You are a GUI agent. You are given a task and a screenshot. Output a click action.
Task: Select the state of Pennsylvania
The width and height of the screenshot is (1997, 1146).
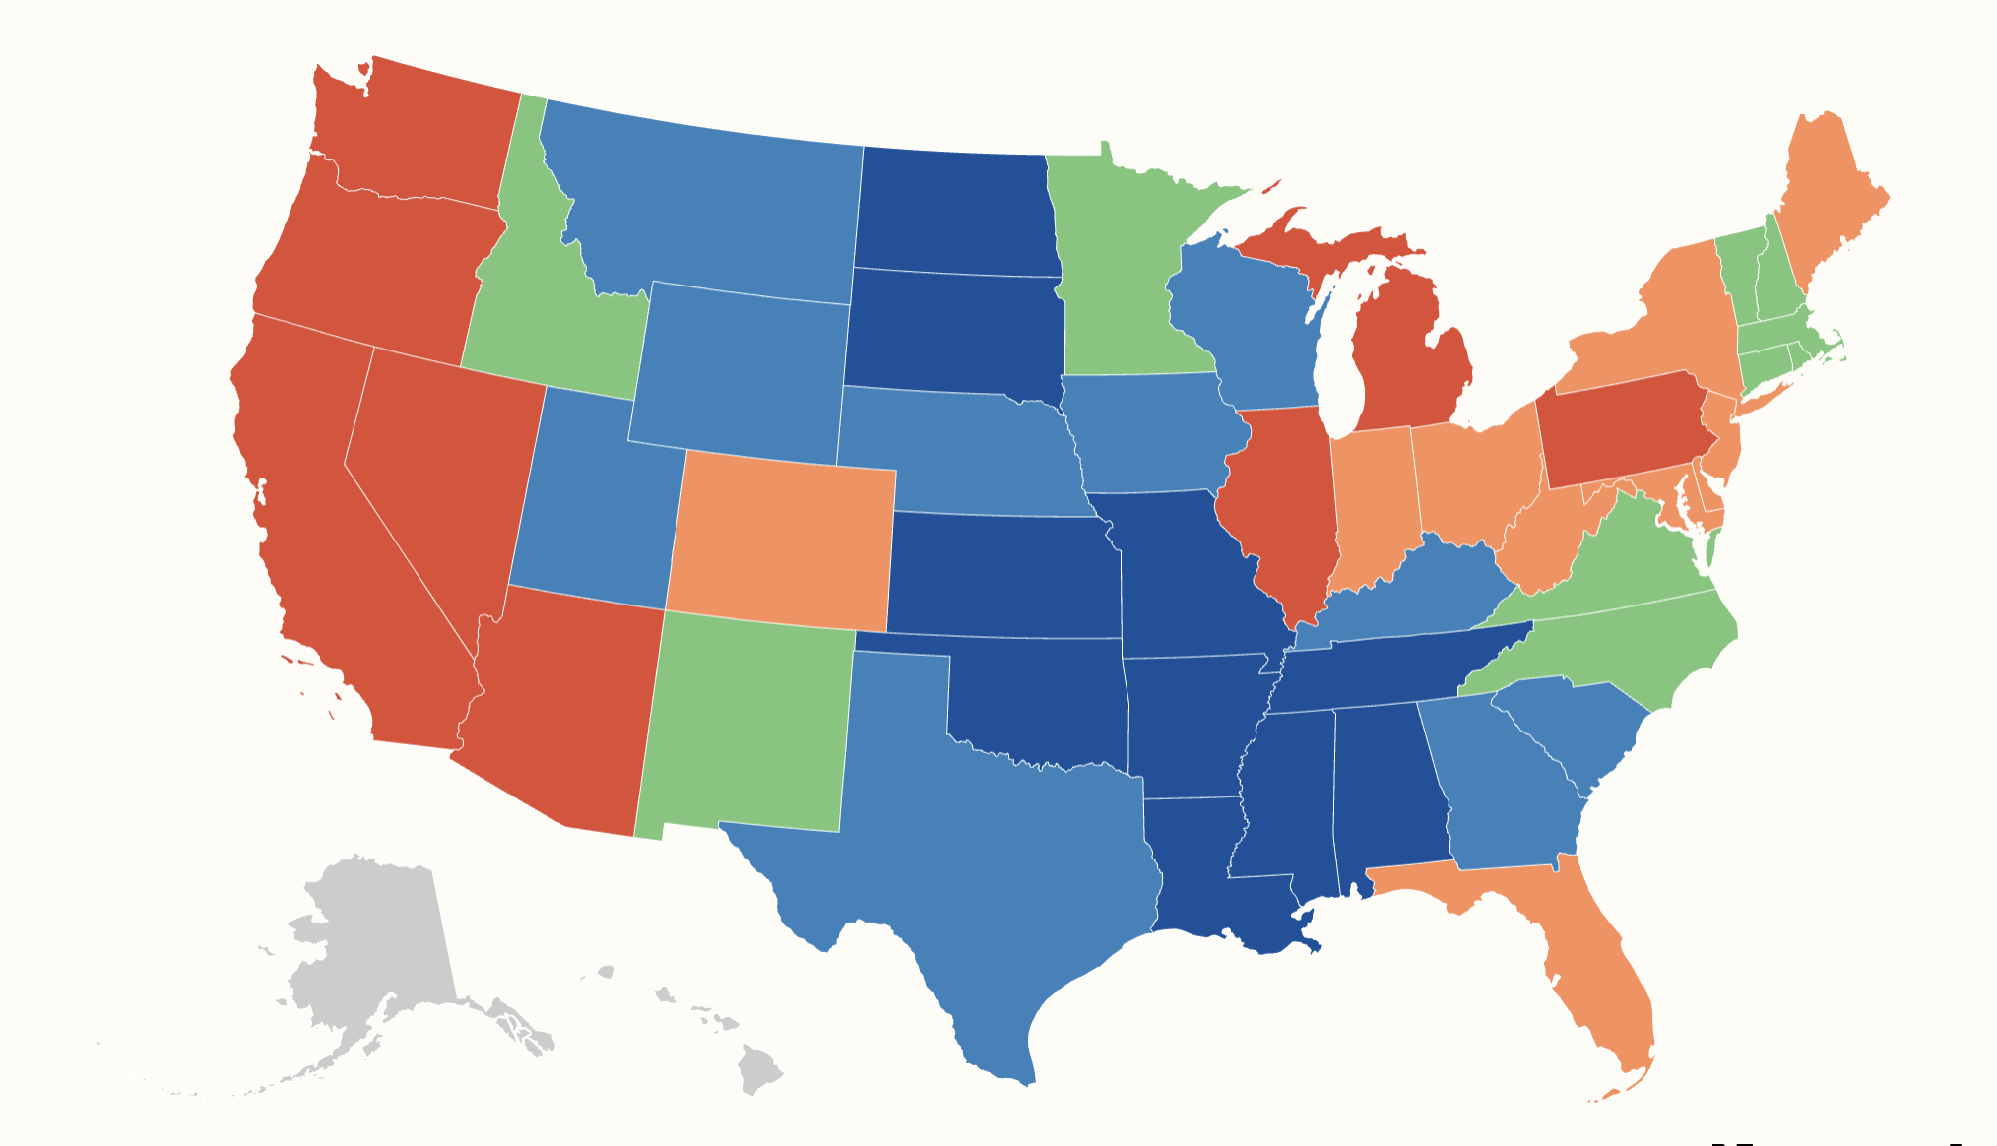point(1625,428)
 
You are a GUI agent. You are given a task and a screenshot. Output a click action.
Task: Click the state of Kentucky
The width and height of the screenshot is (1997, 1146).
point(1408,591)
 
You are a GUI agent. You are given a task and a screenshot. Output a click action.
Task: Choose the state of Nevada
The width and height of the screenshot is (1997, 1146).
point(443,473)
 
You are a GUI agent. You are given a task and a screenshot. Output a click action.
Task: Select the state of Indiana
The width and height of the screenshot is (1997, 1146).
point(1374,502)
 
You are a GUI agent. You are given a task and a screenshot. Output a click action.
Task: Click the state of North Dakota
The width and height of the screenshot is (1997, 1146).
point(955,212)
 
